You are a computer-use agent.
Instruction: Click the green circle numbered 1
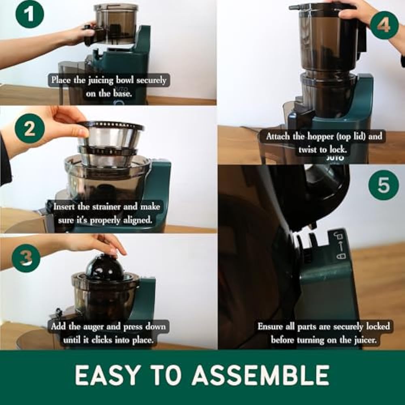click(x=30, y=14)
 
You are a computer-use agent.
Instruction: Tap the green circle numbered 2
click(x=30, y=128)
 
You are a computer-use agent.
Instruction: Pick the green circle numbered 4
click(x=384, y=25)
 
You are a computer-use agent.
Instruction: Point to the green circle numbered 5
click(x=384, y=184)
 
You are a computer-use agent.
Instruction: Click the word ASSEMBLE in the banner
click(x=260, y=375)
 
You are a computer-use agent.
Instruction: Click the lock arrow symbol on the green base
click(x=340, y=246)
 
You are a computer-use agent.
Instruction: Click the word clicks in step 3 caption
click(x=102, y=340)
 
